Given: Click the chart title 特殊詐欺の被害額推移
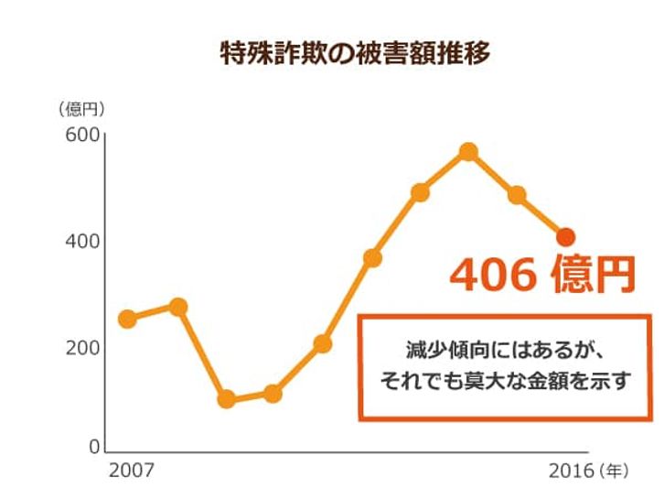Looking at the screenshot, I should point(355,53).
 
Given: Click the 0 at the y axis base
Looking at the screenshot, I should point(92,448).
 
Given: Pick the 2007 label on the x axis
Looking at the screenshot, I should point(132,472).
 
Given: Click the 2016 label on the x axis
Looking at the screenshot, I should point(571,472).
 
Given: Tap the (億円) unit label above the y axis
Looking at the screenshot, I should point(81,109).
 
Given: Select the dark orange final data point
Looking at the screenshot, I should point(566,237).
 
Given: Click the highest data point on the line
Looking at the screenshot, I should point(468,151).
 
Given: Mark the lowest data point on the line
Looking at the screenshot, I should point(226,400).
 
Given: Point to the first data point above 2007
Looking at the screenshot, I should point(128,319).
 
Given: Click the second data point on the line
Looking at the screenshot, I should point(178,307).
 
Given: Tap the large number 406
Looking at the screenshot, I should point(493,275).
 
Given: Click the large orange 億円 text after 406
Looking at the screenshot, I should point(593,275).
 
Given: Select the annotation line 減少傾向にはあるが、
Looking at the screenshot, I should point(505,349).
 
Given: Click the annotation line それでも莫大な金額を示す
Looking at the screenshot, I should point(505,380).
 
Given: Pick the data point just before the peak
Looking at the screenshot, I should point(420,192).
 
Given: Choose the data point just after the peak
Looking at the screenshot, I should point(517,195).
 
